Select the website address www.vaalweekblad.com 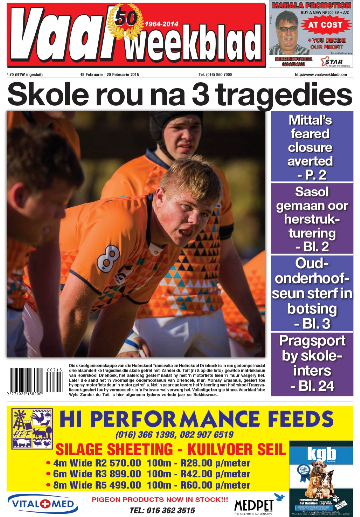click(x=321, y=75)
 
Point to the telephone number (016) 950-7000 click(x=215, y=75)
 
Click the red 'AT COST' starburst click(x=325, y=25)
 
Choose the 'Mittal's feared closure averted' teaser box click(x=312, y=147)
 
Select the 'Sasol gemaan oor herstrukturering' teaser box click(x=312, y=219)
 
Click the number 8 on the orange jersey click(x=109, y=258)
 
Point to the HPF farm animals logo click(x=32, y=428)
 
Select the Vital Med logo click(x=43, y=504)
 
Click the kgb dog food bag click(x=321, y=478)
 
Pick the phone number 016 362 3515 click(x=162, y=510)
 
